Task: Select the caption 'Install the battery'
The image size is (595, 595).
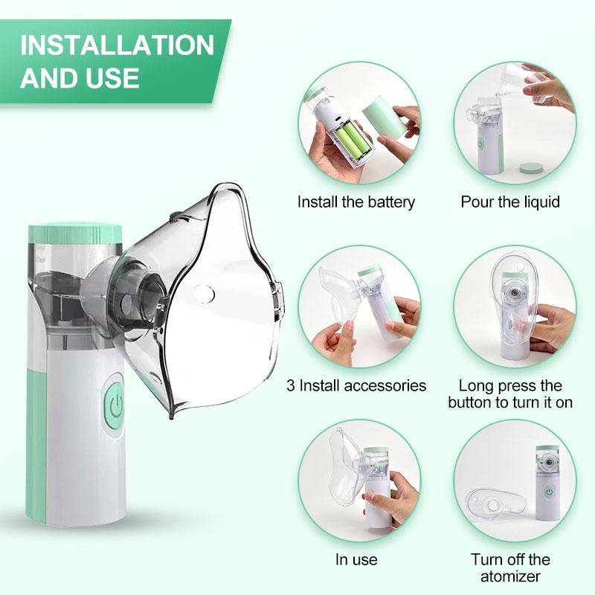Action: [356, 202]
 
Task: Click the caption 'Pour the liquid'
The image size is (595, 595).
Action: [510, 202]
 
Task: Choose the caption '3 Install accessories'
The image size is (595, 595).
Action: [356, 385]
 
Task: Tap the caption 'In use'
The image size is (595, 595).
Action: [356, 559]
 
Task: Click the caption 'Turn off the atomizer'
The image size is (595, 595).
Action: [510, 567]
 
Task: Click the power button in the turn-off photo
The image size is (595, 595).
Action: [549, 492]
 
